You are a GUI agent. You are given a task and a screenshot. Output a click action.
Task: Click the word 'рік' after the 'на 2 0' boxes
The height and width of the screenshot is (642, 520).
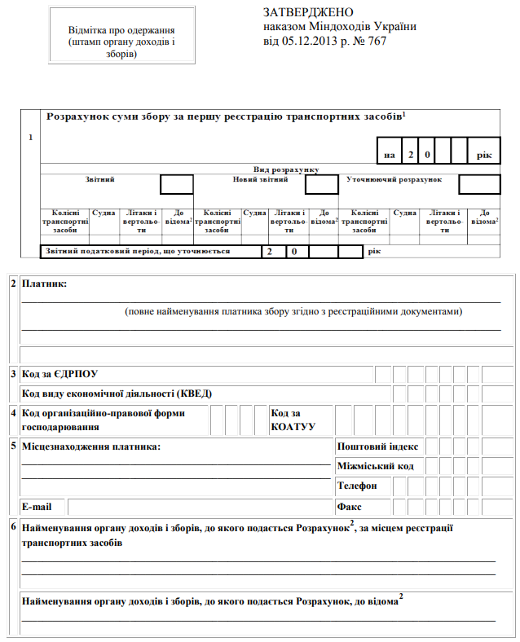pos(485,154)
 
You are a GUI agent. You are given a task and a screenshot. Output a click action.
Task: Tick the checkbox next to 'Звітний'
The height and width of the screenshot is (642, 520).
pos(176,184)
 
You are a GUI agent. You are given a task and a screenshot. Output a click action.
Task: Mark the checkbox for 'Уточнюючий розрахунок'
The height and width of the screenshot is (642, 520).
pos(478,184)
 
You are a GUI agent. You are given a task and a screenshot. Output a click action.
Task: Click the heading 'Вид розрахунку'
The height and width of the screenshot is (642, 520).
pos(284,169)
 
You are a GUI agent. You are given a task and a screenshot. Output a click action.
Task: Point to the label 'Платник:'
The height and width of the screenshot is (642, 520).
pos(45,284)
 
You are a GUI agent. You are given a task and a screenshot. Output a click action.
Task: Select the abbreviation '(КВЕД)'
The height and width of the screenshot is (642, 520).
pos(195,393)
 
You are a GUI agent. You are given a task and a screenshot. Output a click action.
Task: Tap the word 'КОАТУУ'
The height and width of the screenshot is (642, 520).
pos(293,426)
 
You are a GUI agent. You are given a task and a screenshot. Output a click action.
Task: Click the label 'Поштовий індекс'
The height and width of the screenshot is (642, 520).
pos(377,446)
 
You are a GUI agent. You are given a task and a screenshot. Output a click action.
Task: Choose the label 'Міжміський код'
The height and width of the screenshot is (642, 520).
pos(375,466)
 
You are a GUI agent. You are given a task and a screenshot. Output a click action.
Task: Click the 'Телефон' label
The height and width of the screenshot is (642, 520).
pos(357,486)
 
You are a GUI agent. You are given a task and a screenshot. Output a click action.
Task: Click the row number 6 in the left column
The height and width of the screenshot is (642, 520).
pos(12,527)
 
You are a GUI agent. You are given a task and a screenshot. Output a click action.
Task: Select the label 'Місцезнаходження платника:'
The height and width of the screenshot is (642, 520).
pos(91,446)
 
